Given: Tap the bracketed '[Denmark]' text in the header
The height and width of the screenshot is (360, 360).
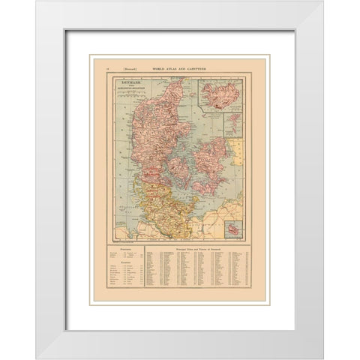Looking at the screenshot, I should [x=135, y=67].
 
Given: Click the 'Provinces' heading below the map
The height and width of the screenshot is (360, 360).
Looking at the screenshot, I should [x=127, y=251].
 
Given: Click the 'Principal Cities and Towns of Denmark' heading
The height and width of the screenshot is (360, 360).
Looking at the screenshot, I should [x=201, y=250].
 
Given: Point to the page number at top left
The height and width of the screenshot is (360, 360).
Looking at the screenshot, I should [x=110, y=67].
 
